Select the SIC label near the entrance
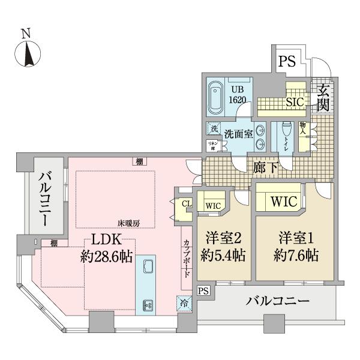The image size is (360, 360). click(x=296, y=102)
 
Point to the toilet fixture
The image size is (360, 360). click(x=286, y=133)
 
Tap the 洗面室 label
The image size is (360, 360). click(x=239, y=134)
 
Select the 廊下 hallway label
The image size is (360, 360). click(x=264, y=167)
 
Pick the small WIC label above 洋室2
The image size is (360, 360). click(x=213, y=206)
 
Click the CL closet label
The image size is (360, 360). click(x=187, y=203)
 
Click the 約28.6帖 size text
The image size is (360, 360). click(x=109, y=257)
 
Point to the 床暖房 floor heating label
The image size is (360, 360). click(x=128, y=223)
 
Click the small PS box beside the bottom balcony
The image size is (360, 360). click(x=204, y=292)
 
